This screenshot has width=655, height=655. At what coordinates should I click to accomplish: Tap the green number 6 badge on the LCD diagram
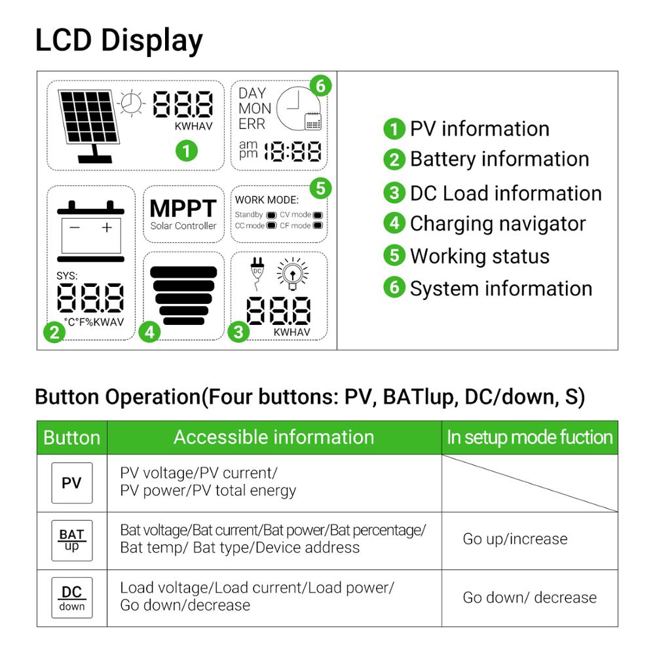coord(320,86)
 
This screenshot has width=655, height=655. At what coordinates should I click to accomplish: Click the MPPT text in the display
coord(183,208)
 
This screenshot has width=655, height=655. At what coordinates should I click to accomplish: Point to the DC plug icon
coord(257,274)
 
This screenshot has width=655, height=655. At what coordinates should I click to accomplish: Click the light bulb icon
coord(292,274)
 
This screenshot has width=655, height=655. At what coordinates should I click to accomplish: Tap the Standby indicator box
coord(272,215)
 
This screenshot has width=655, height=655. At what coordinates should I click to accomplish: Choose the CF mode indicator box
coord(318,225)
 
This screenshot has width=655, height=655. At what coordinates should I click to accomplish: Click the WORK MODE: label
coord(267,200)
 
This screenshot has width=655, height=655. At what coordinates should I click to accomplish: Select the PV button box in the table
coord(72,483)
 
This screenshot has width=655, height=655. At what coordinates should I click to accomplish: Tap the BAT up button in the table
coord(72,540)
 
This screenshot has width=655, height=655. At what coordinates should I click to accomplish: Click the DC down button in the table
coord(72,598)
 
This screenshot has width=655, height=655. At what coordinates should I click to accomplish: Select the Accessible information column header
coord(274,438)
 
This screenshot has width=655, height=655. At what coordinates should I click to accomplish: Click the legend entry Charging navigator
coord(485,224)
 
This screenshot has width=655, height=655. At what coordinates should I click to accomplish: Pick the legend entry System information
coord(488,288)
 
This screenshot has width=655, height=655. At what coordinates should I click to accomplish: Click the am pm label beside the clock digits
coord(248,149)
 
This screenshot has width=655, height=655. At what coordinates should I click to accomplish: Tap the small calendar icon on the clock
coord(313,122)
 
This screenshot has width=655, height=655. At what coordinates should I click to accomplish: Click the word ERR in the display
coord(252,124)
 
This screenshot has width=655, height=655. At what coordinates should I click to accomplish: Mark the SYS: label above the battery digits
coord(67,276)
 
